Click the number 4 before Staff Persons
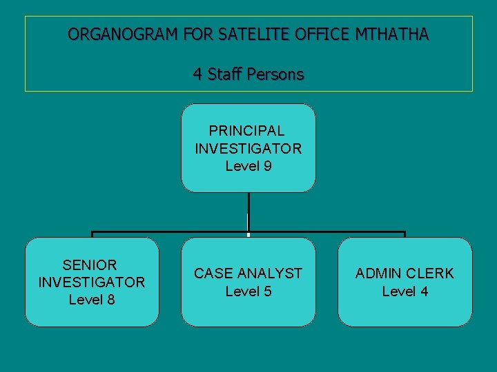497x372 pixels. pos(197,74)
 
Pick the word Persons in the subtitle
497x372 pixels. pos(276,74)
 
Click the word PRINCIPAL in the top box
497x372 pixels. pos(248,130)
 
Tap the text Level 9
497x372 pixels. pos(248,166)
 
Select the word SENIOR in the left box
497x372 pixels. pos(90,265)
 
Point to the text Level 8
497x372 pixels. pos(92,300)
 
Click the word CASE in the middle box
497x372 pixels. pos(213,273)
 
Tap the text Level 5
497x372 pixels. pos(248,291)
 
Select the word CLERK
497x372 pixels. pos(430,273)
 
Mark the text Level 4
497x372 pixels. pos(405,291)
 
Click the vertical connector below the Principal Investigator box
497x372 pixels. pos(248,211)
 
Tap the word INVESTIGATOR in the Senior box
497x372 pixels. pos(92,282)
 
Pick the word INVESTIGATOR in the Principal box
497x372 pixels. pos(248,148)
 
